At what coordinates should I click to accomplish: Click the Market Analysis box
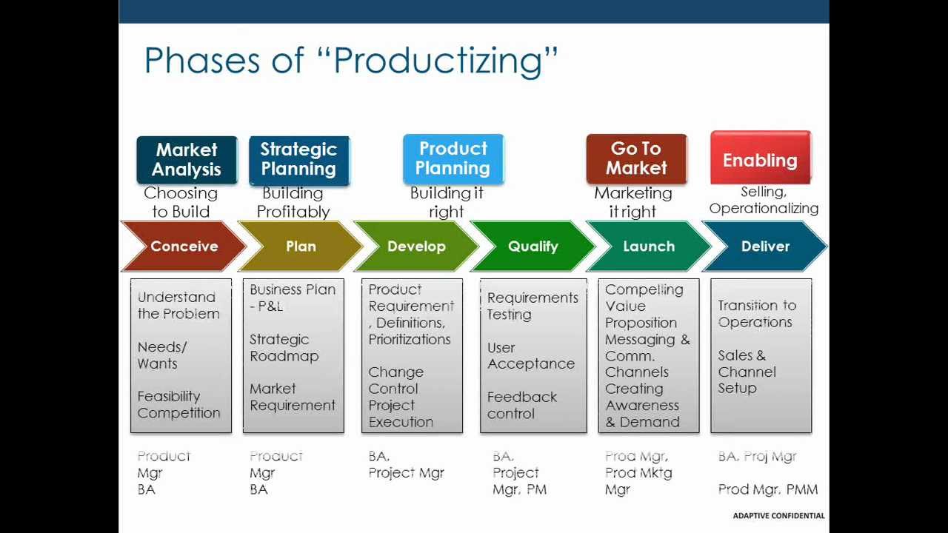(x=187, y=160)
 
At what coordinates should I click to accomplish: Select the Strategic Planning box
(x=299, y=160)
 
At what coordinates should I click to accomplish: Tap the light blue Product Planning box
(x=453, y=158)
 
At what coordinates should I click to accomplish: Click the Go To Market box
(x=636, y=158)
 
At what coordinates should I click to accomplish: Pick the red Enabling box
(x=761, y=158)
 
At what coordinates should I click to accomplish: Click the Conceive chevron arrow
(x=183, y=247)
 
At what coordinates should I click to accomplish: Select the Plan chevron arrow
(x=300, y=247)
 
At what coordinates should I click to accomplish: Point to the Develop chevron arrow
(x=416, y=247)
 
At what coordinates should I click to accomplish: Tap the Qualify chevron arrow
(x=533, y=247)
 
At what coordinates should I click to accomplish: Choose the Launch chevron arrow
(x=649, y=247)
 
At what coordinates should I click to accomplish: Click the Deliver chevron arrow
(x=765, y=247)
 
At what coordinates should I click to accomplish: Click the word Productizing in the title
(x=438, y=61)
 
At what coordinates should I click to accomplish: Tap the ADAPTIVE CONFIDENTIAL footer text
(x=778, y=516)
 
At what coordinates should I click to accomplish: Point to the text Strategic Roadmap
(x=284, y=348)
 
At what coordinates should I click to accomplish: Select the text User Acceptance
(x=531, y=356)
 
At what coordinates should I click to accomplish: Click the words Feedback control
(x=522, y=405)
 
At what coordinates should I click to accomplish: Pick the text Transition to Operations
(x=757, y=313)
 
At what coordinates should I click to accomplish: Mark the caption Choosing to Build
(x=181, y=202)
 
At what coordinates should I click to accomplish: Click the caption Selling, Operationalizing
(x=764, y=200)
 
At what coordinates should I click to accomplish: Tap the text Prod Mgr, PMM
(x=768, y=489)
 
